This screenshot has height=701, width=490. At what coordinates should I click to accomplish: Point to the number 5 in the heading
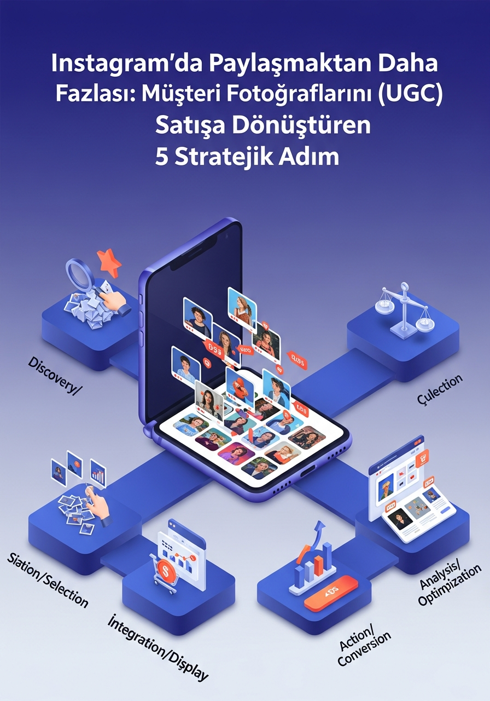161,157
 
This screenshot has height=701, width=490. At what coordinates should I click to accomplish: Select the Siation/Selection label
48,579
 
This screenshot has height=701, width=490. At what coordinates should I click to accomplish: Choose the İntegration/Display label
158,647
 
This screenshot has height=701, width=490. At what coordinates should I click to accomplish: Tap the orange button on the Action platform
330,591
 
